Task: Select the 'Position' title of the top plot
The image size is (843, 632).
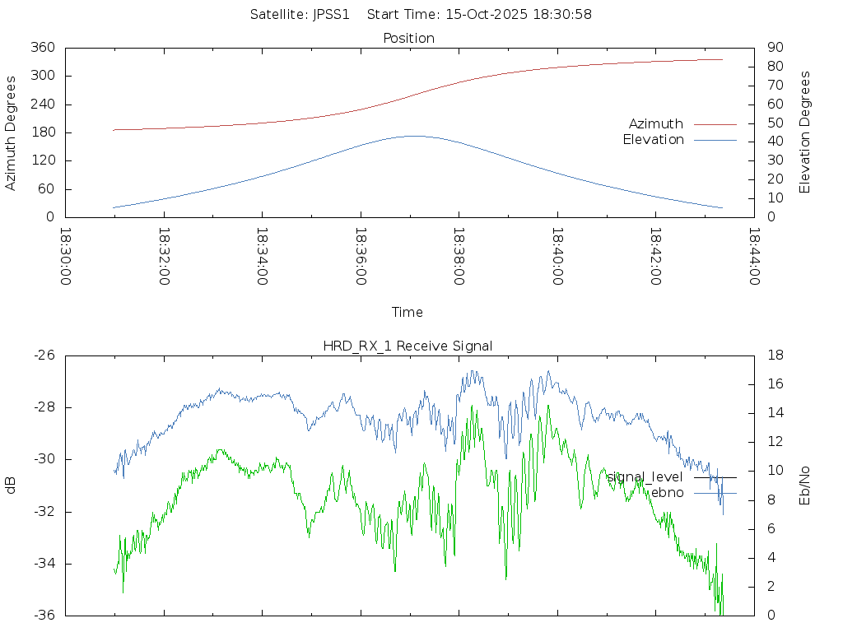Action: tap(409, 38)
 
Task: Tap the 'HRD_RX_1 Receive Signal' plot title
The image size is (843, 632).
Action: tap(408, 346)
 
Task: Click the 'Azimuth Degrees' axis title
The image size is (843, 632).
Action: tap(11, 132)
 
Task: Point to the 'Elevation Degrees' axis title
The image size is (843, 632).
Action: tap(805, 132)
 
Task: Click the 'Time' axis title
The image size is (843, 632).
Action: tap(408, 312)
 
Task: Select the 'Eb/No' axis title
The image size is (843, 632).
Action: tap(805, 485)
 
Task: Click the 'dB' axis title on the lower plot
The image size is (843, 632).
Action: tap(11, 486)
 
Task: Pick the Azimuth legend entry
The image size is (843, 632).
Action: tap(656, 123)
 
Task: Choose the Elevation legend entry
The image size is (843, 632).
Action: tap(653, 140)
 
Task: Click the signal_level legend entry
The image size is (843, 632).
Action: tap(645, 476)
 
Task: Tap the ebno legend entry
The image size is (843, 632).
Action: tap(667, 493)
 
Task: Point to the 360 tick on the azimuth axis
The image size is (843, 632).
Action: tap(43, 48)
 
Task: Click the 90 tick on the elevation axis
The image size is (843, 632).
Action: tap(774, 48)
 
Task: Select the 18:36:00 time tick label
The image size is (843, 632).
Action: tap(361, 256)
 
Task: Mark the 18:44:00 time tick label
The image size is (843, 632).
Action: tap(754, 256)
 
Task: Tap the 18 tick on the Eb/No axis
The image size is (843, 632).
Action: tap(774, 355)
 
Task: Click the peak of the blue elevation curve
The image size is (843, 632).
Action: tap(412, 136)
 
